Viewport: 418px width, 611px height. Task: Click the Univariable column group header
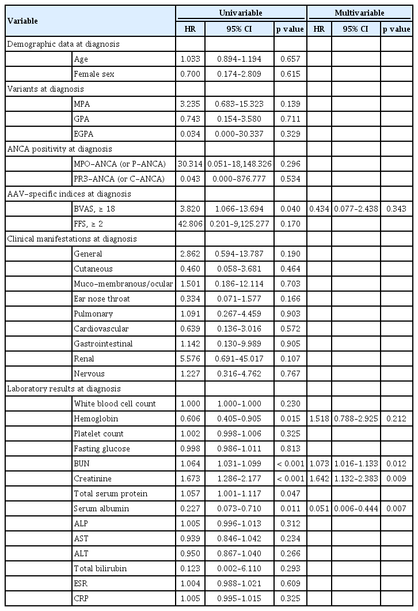coord(241,12)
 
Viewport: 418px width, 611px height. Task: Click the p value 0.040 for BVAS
coord(290,208)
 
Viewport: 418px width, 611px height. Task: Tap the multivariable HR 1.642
coord(318,478)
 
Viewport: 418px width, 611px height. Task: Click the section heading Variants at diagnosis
coord(45,88)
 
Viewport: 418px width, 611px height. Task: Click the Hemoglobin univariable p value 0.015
coord(290,418)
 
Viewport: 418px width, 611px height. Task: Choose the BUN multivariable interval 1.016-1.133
coord(356,463)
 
